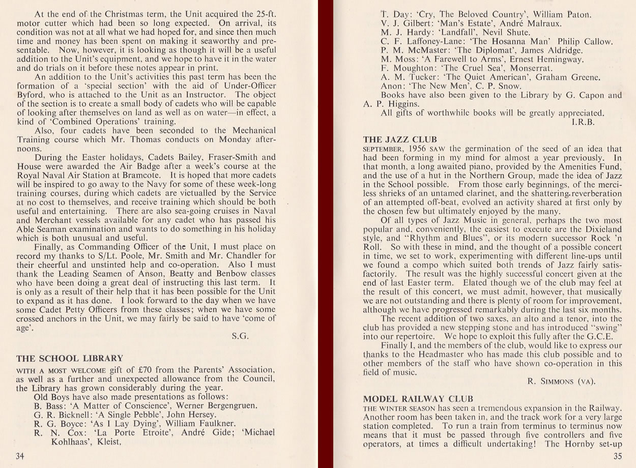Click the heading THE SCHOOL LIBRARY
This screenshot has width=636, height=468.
(x=70, y=358)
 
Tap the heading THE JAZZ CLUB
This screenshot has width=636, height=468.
(x=400, y=139)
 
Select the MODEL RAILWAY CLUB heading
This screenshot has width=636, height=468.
(x=418, y=398)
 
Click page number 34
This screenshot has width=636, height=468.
(x=20, y=456)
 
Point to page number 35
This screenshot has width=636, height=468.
(x=617, y=456)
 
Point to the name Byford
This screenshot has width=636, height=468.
(x=32, y=95)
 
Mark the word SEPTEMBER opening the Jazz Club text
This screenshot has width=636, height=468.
(x=383, y=149)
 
